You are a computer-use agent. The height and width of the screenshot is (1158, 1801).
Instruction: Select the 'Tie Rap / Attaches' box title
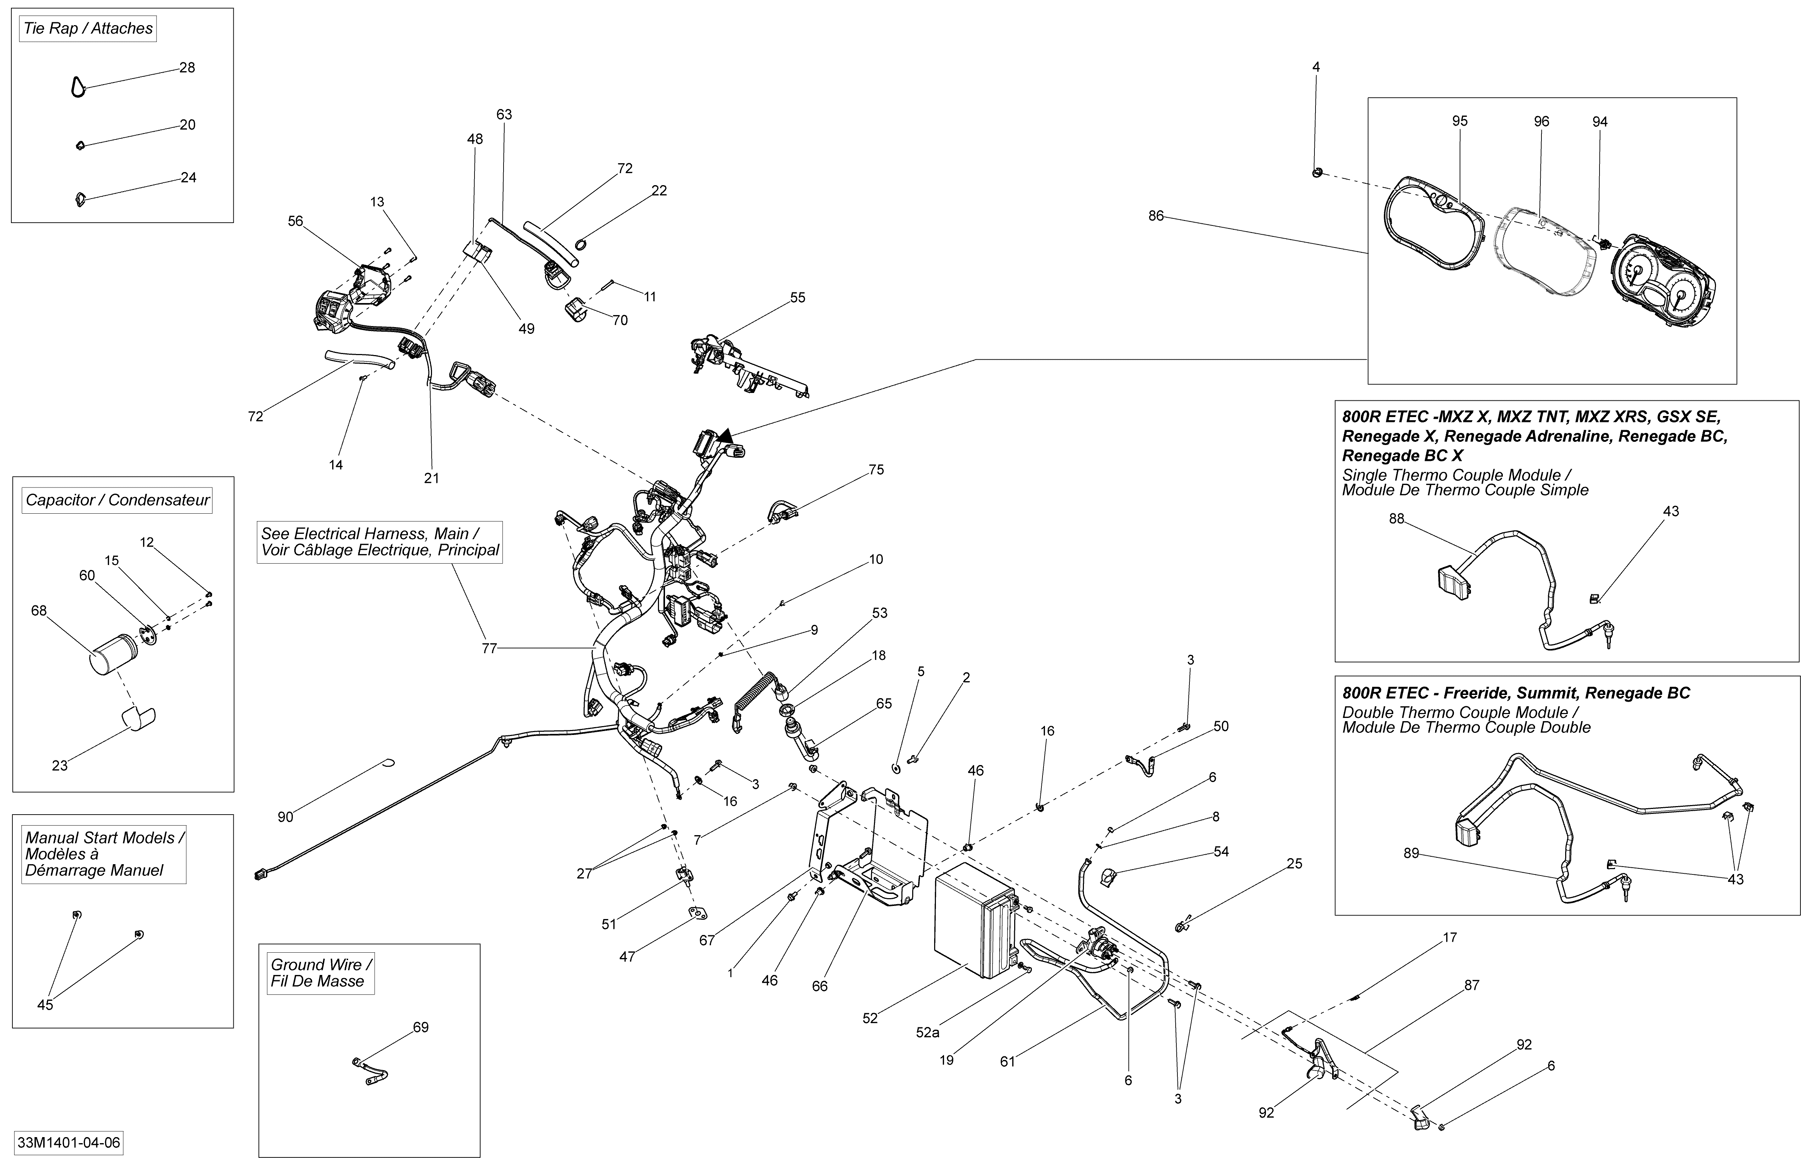pyautogui.click(x=88, y=29)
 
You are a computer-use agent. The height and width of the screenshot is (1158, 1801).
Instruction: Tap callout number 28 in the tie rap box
pyautogui.click(x=187, y=68)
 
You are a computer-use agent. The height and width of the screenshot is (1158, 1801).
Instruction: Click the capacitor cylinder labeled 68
pyautogui.click(x=111, y=654)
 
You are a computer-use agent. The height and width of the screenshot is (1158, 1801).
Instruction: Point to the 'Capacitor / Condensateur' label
pyautogui.click(x=117, y=500)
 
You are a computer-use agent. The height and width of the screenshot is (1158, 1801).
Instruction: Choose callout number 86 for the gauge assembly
pyautogui.click(x=1156, y=216)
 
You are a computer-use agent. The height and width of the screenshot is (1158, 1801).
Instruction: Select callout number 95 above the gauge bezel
pyautogui.click(x=1460, y=121)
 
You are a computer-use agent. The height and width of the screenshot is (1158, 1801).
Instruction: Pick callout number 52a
pyautogui.click(x=927, y=1032)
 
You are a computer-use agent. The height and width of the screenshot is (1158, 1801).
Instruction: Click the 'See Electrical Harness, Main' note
pyautogui.click(x=380, y=541)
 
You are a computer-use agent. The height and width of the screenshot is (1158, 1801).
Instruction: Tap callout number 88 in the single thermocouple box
pyautogui.click(x=1397, y=519)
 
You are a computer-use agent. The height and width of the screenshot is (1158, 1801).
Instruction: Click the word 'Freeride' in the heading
pyautogui.click(x=1474, y=693)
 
